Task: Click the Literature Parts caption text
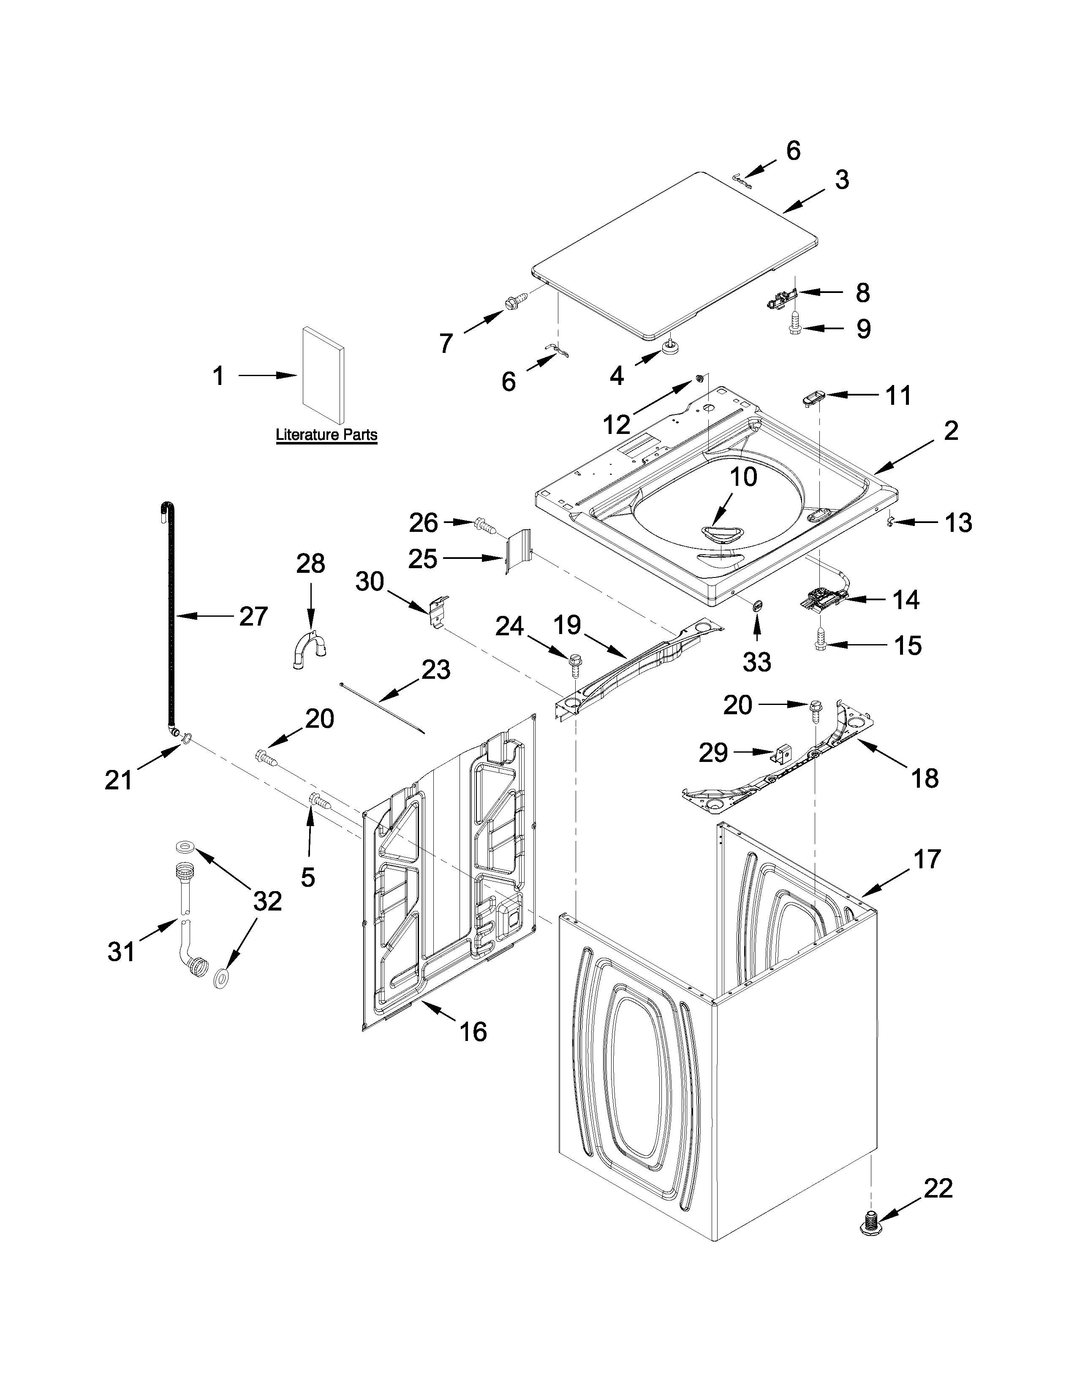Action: (326, 435)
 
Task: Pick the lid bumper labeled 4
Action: (670, 347)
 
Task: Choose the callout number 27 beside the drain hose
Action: (253, 616)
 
